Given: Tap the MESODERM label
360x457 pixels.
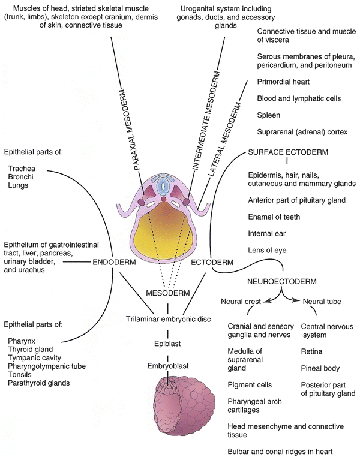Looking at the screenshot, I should pyautogui.click(x=168, y=293).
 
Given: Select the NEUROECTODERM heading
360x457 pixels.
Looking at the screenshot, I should pyautogui.click(x=273, y=281).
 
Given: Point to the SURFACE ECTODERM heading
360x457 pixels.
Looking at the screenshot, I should pyautogui.click(x=288, y=152).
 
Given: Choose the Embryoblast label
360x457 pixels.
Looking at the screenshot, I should pyautogui.click(x=168, y=365).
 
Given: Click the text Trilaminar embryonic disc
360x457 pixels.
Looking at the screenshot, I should pyautogui.click(x=168, y=318).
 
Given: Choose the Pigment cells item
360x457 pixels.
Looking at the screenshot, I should pyautogui.click(x=250, y=384).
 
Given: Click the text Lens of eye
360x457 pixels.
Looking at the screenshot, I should pyautogui.click(x=270, y=249).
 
